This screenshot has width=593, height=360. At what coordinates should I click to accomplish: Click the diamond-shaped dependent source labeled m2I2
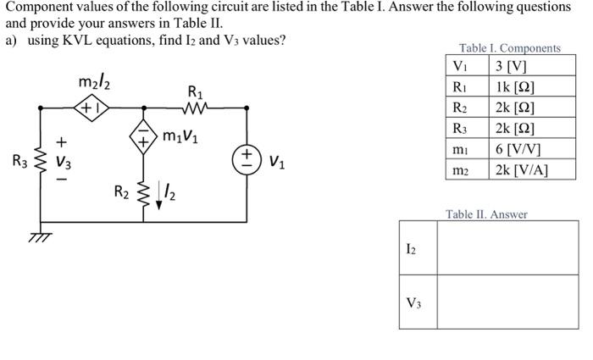pyautogui.click(x=90, y=108)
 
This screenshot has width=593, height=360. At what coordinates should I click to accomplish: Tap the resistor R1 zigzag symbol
pyautogui.click(x=195, y=108)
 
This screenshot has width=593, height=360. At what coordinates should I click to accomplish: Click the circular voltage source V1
pyautogui.click(x=247, y=158)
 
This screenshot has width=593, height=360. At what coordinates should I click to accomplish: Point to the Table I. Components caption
pyautogui.click(x=510, y=47)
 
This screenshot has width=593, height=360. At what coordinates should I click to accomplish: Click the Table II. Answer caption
pyautogui.click(x=486, y=214)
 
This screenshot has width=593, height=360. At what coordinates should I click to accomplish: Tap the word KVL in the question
pyautogui.click(x=86, y=39)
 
